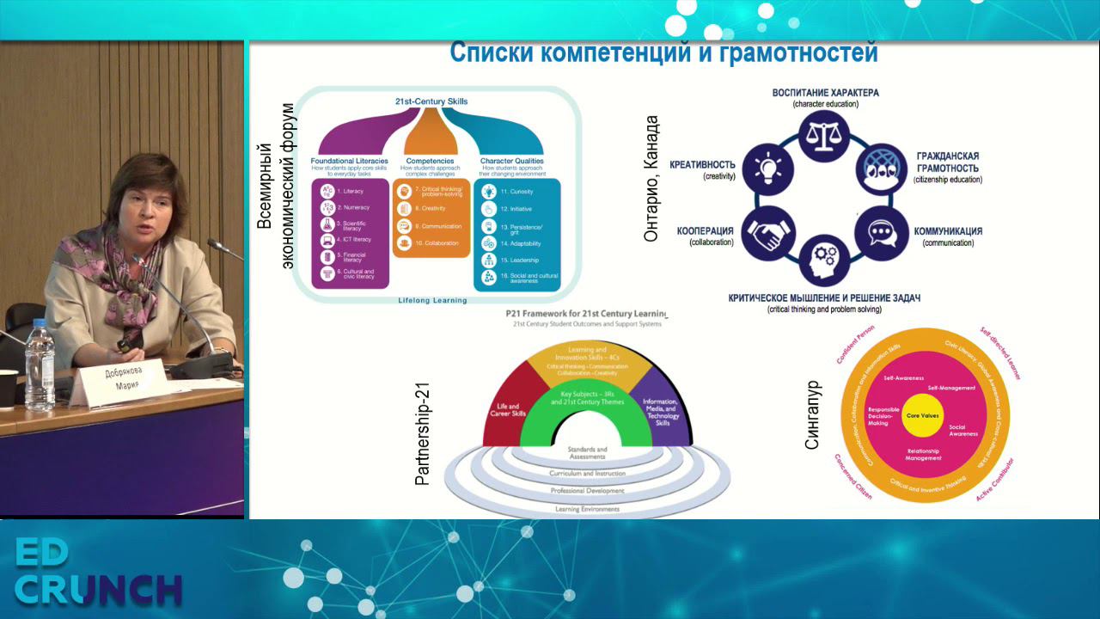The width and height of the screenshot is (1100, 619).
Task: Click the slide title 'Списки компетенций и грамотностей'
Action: (663, 52)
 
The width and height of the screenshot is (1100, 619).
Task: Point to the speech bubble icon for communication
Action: (882, 233)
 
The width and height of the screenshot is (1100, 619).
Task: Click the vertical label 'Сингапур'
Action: (813, 416)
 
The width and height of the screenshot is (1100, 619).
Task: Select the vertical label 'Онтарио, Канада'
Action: (652, 178)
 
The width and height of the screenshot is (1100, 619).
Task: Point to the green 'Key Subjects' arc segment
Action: (586, 404)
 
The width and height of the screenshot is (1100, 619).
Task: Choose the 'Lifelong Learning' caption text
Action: (432, 301)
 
